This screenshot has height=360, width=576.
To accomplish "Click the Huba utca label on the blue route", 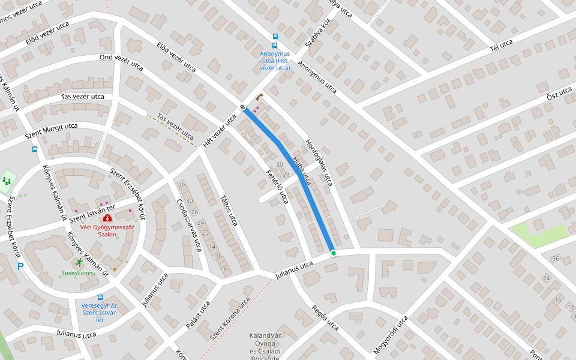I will (302, 169).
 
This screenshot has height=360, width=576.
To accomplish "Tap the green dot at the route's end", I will (333, 253).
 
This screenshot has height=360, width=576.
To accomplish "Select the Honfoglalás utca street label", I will (319, 161).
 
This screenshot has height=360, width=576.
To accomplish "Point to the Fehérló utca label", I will (278, 187).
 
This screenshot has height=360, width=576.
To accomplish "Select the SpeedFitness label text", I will (79, 273).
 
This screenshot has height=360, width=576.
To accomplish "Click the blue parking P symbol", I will (20, 266).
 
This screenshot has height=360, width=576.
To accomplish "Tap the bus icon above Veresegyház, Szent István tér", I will (100, 297).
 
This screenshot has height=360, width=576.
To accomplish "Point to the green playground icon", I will (7, 180).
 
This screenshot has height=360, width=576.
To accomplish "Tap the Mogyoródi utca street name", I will (391, 334).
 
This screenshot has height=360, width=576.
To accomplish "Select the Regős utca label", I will (325, 318).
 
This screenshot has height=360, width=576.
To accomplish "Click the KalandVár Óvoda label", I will (265, 343).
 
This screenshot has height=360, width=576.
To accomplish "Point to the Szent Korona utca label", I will (230, 319).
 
